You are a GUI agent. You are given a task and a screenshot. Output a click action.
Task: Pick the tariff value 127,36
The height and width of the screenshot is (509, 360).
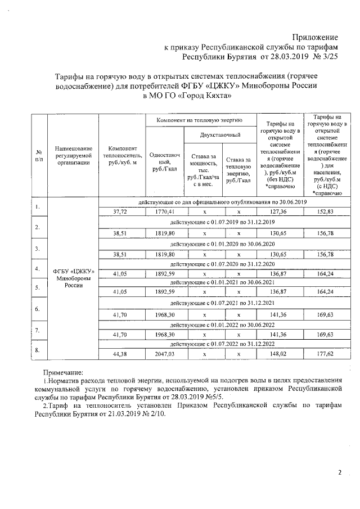[280, 211]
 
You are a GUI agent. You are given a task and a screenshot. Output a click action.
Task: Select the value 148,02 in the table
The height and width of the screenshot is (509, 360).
[280, 354]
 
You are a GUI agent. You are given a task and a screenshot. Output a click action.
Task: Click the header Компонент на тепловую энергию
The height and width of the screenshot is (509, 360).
[199, 120]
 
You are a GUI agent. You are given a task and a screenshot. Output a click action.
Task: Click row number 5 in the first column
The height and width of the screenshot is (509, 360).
[37, 287]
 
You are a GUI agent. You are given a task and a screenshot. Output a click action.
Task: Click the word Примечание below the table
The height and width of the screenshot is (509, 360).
[63, 372]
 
